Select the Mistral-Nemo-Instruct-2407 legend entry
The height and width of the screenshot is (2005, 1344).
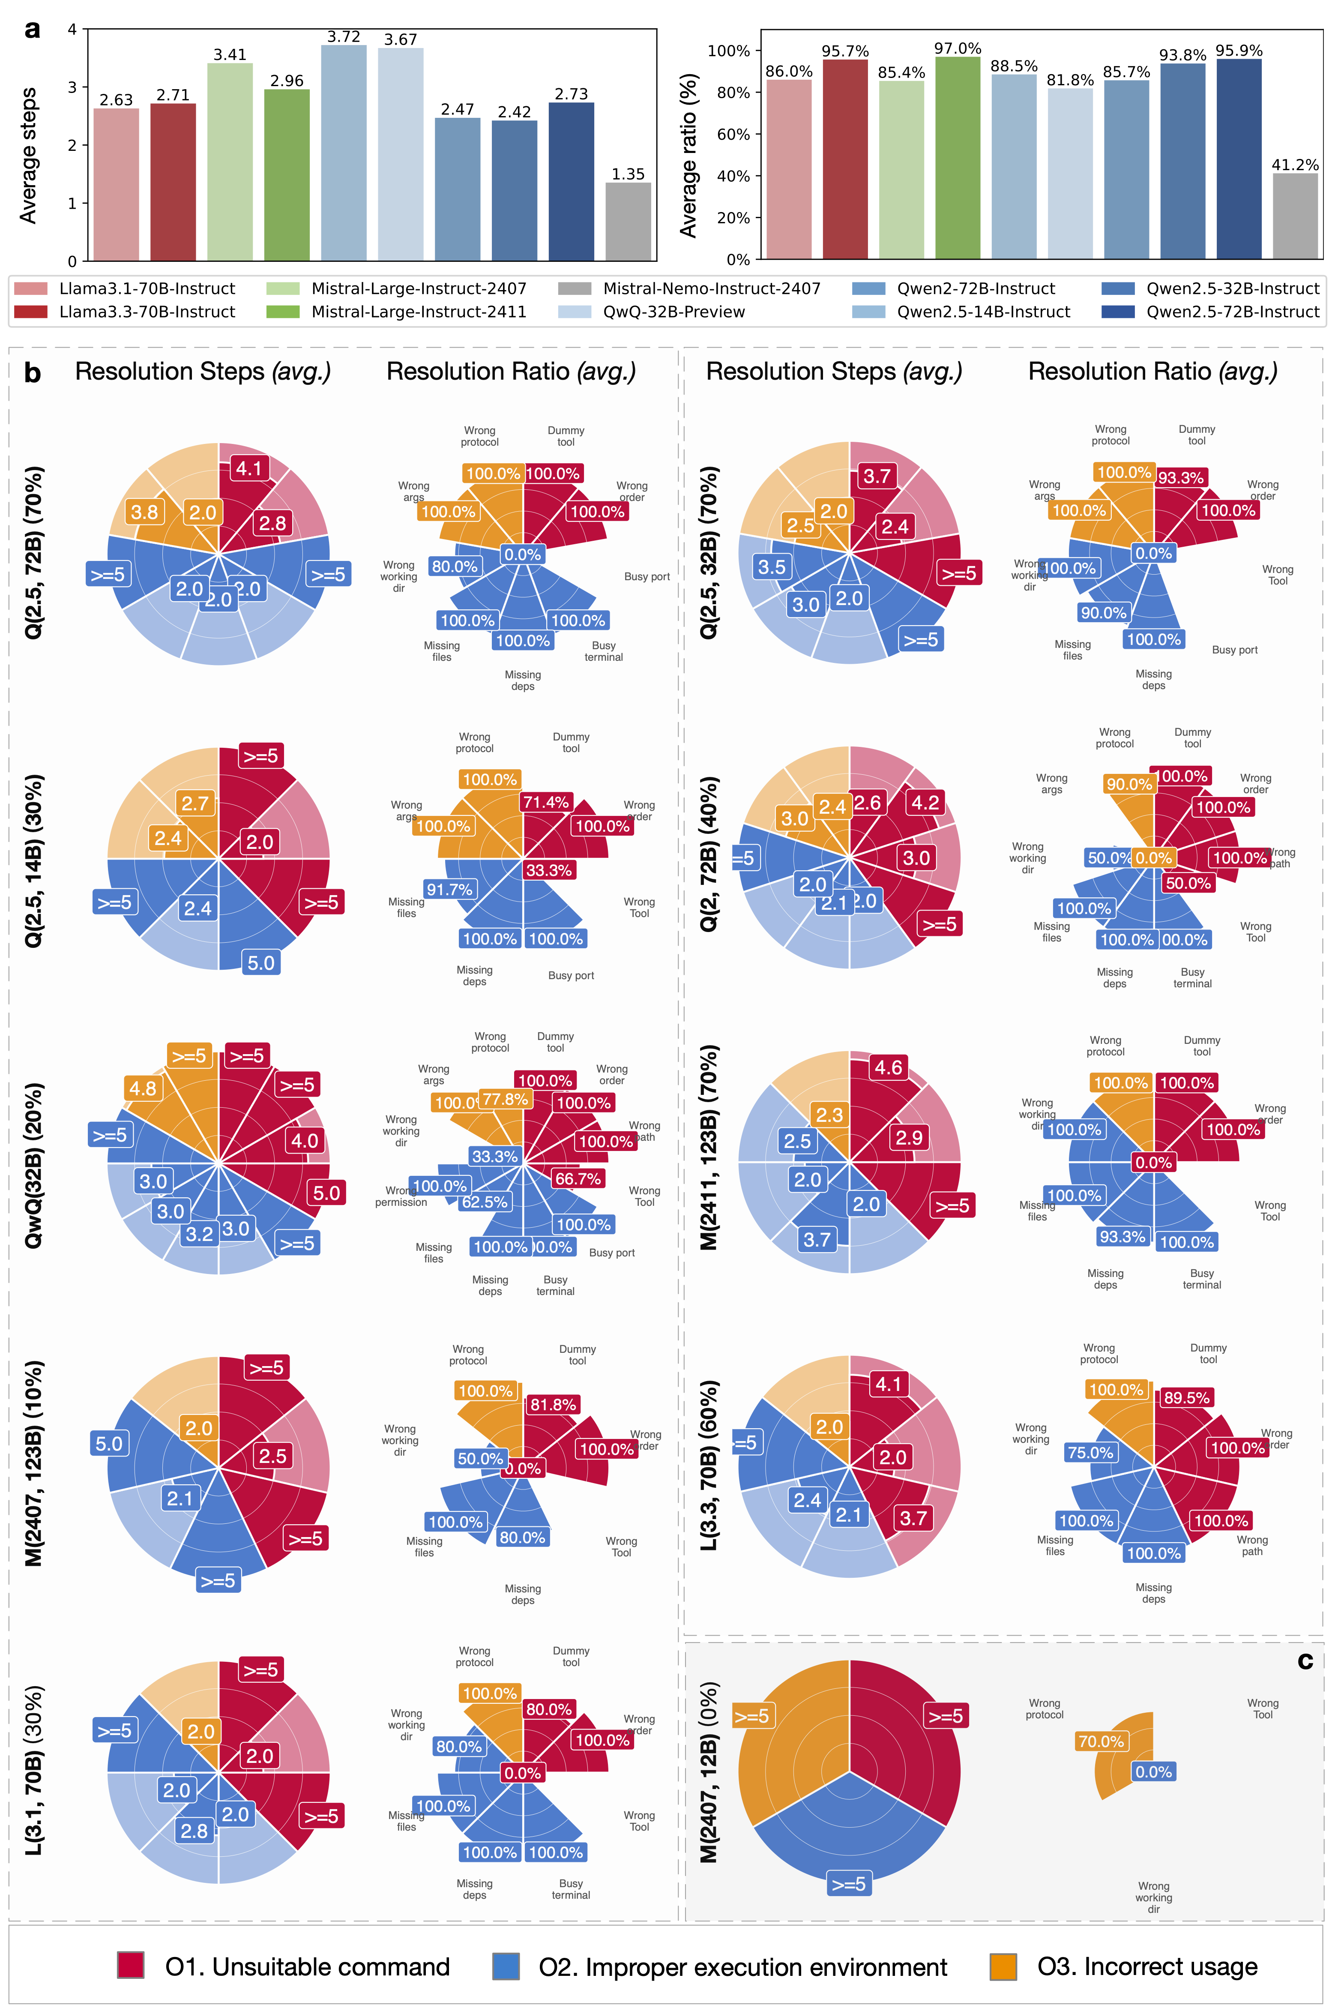coord(712,289)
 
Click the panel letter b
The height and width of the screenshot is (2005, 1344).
coord(33,373)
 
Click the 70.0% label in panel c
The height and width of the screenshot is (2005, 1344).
coord(1101,1741)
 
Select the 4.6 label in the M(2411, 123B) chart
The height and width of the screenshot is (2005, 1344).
coord(888,1067)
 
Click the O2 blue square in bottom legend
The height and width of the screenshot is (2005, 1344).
coord(506,1966)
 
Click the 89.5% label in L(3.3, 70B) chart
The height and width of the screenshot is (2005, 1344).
coord(1186,1397)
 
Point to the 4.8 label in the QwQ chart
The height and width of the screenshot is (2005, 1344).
coord(142,1088)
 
